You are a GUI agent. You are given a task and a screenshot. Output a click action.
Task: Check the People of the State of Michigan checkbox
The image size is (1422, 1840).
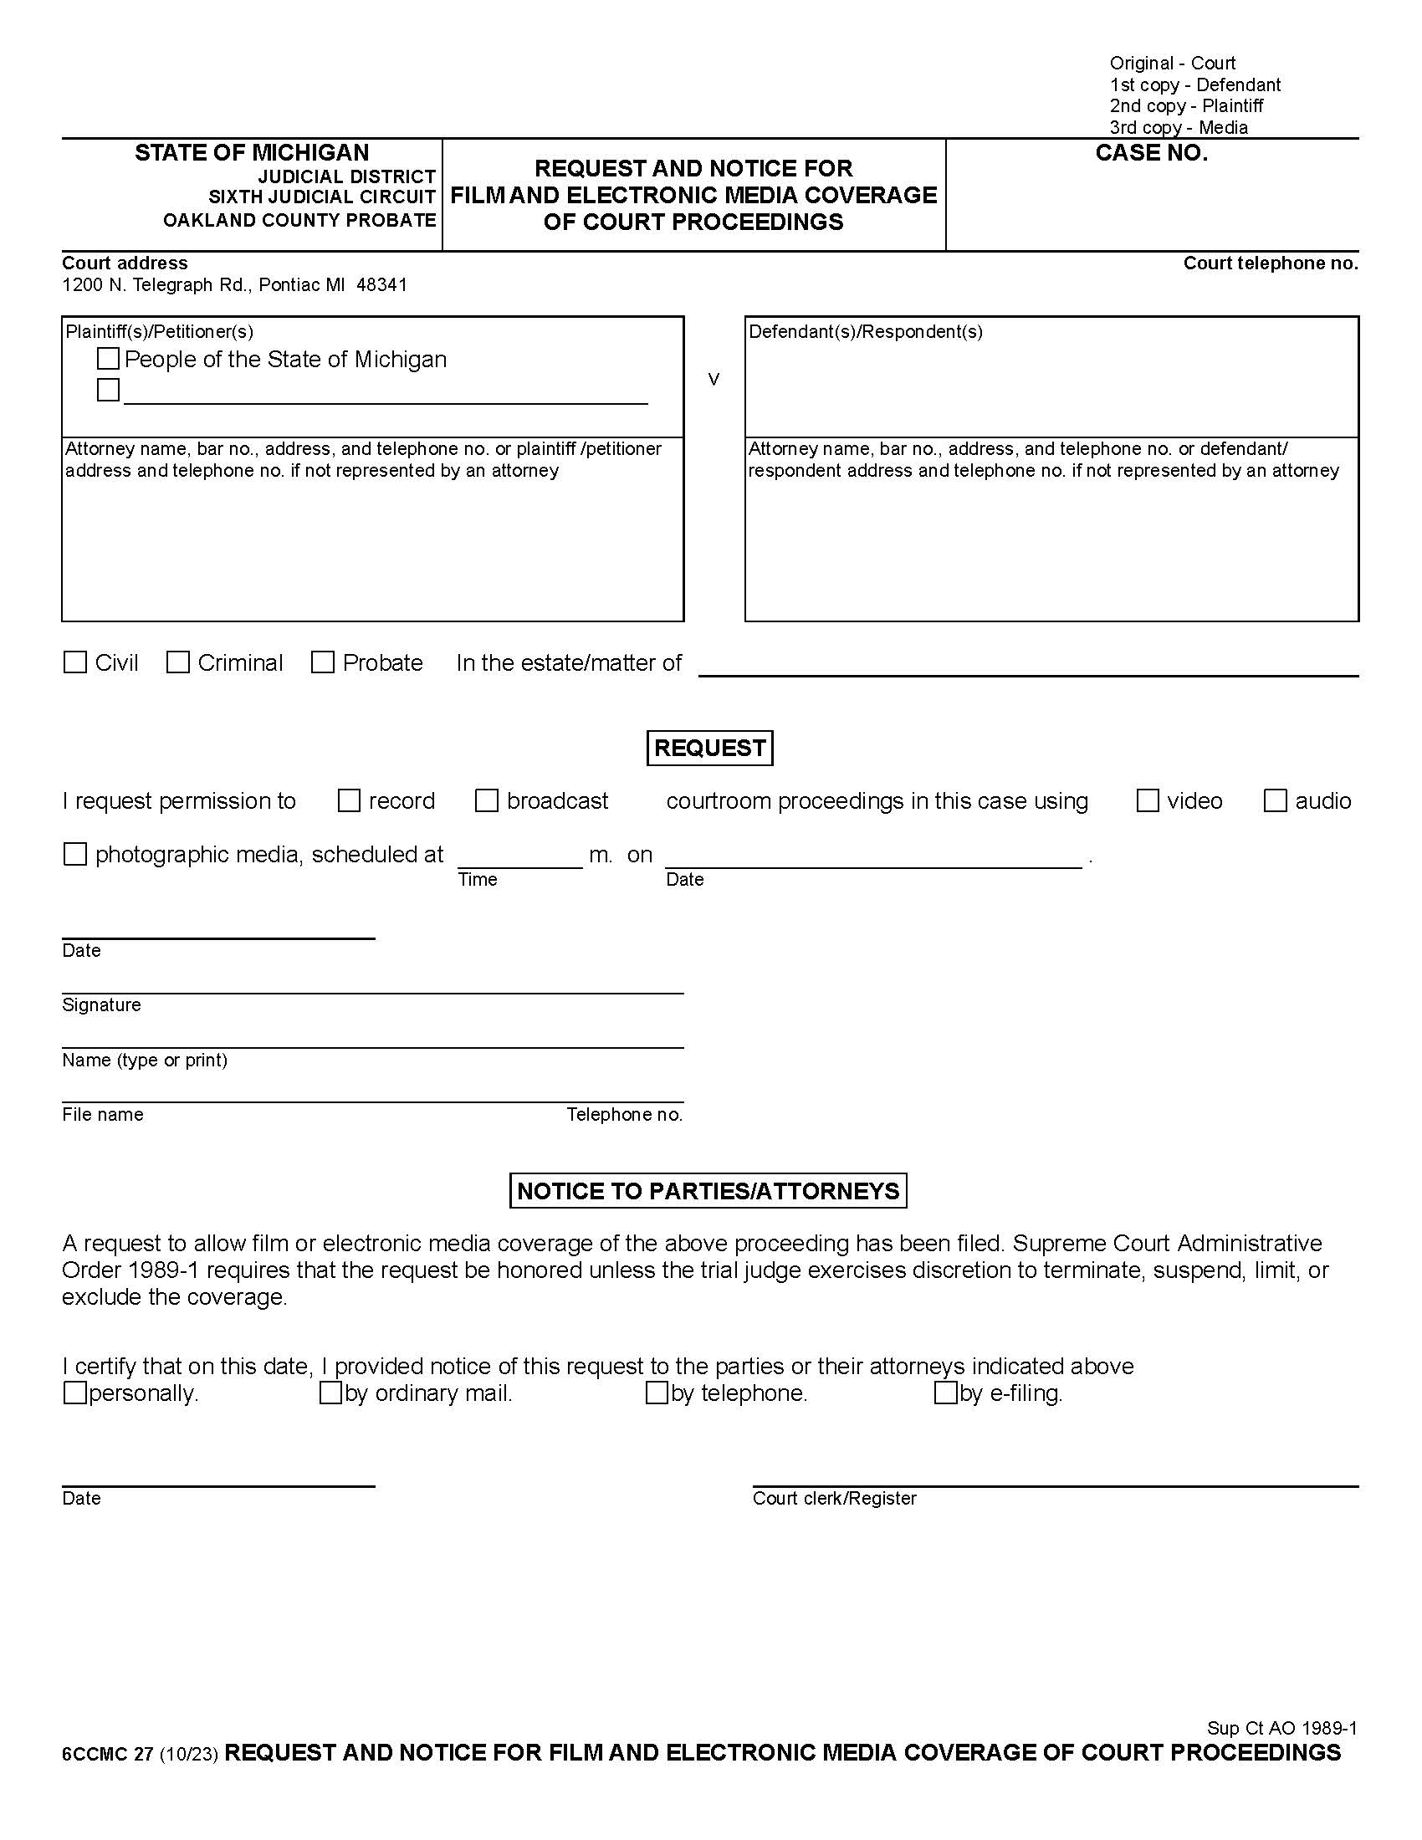point(108,359)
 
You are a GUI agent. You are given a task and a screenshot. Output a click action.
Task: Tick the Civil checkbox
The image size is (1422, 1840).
point(75,662)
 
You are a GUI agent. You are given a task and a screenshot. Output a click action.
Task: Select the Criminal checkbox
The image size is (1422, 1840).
point(177,662)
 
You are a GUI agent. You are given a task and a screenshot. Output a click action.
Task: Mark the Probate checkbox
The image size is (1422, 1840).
point(323,662)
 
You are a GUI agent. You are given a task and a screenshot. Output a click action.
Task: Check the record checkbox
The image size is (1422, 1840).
point(349,800)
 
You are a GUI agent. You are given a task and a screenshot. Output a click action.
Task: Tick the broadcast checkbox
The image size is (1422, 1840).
point(487,800)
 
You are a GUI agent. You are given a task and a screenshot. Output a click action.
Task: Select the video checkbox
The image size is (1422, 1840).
point(1148,800)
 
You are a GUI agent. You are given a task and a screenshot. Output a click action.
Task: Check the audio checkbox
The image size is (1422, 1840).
point(1276,800)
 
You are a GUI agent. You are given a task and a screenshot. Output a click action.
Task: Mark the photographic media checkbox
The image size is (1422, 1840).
point(75,854)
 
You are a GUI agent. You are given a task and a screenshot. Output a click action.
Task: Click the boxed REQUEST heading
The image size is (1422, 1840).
point(709,749)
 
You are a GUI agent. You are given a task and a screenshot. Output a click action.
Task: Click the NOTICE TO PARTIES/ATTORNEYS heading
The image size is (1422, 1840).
point(708,1190)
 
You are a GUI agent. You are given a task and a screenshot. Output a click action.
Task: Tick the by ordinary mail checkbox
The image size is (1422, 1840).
point(330,1393)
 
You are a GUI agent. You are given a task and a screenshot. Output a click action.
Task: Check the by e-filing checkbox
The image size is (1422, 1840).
point(945,1393)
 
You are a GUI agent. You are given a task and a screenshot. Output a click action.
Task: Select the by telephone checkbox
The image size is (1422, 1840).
point(657,1393)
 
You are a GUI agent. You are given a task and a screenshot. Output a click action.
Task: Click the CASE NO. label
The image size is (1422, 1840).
point(1151,153)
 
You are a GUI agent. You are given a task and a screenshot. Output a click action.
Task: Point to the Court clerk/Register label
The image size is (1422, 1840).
point(834,1498)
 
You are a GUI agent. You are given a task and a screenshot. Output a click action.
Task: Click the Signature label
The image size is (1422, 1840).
point(101,1004)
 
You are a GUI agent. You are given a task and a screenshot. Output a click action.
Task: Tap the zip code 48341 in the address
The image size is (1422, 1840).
point(381,284)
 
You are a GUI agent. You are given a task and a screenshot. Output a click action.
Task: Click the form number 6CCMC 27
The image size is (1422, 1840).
point(107,1754)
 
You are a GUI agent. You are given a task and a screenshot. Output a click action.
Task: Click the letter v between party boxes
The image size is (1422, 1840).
point(714,380)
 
